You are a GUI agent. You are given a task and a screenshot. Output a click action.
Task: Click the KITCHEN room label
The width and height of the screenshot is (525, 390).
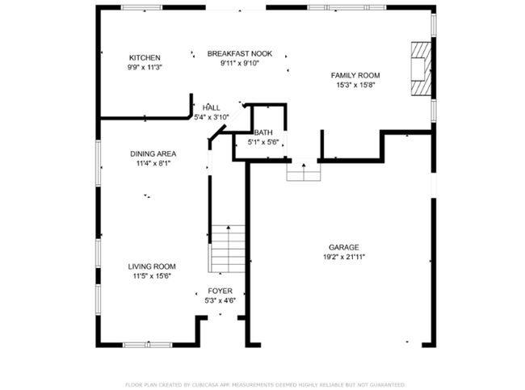(x=145, y=57)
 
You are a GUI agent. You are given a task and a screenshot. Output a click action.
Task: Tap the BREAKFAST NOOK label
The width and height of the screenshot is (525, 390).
(x=240, y=53)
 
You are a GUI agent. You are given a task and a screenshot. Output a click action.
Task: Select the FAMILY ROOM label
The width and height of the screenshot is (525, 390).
(x=355, y=75)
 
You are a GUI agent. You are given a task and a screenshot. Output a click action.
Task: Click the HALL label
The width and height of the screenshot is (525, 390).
(x=212, y=107)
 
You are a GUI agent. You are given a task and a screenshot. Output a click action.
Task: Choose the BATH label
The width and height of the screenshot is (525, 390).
(x=262, y=132)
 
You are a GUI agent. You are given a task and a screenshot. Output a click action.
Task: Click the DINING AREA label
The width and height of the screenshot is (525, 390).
(x=153, y=153)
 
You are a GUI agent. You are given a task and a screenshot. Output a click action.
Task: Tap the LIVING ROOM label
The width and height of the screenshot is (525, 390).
(x=152, y=266)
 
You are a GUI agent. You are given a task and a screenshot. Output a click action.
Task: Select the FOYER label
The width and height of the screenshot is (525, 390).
(x=220, y=291)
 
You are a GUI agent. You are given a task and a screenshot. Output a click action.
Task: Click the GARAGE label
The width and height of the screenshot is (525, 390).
(x=343, y=247)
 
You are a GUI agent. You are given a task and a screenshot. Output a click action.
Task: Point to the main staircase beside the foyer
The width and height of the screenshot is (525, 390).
(x=227, y=249)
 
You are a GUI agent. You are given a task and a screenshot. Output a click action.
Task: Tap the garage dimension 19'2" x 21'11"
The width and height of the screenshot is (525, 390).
(x=343, y=257)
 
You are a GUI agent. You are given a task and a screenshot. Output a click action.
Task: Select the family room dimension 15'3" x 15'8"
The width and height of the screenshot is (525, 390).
(x=355, y=85)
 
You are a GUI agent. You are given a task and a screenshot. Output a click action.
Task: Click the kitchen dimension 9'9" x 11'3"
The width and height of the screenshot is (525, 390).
(x=145, y=67)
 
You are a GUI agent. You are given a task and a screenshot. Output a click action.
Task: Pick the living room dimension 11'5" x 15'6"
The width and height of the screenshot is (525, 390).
(x=152, y=276)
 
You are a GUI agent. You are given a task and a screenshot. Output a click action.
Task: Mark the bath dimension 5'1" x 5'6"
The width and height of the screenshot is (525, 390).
(x=262, y=142)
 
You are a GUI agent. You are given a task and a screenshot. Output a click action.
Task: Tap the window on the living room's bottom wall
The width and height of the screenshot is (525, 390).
(x=147, y=345)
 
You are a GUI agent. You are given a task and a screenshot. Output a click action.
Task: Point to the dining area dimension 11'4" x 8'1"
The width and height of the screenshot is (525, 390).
(x=153, y=163)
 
